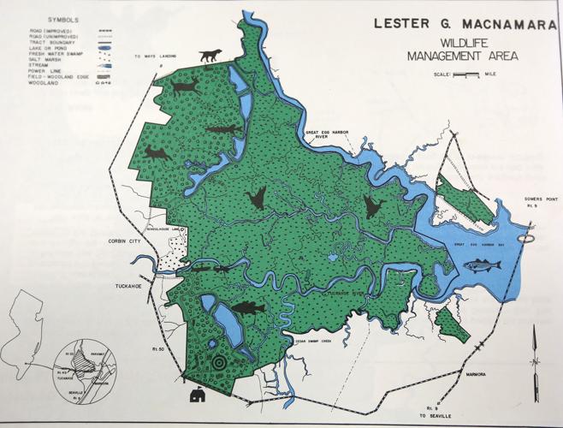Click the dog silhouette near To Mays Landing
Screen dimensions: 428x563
pyautogui.click(x=209, y=56)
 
